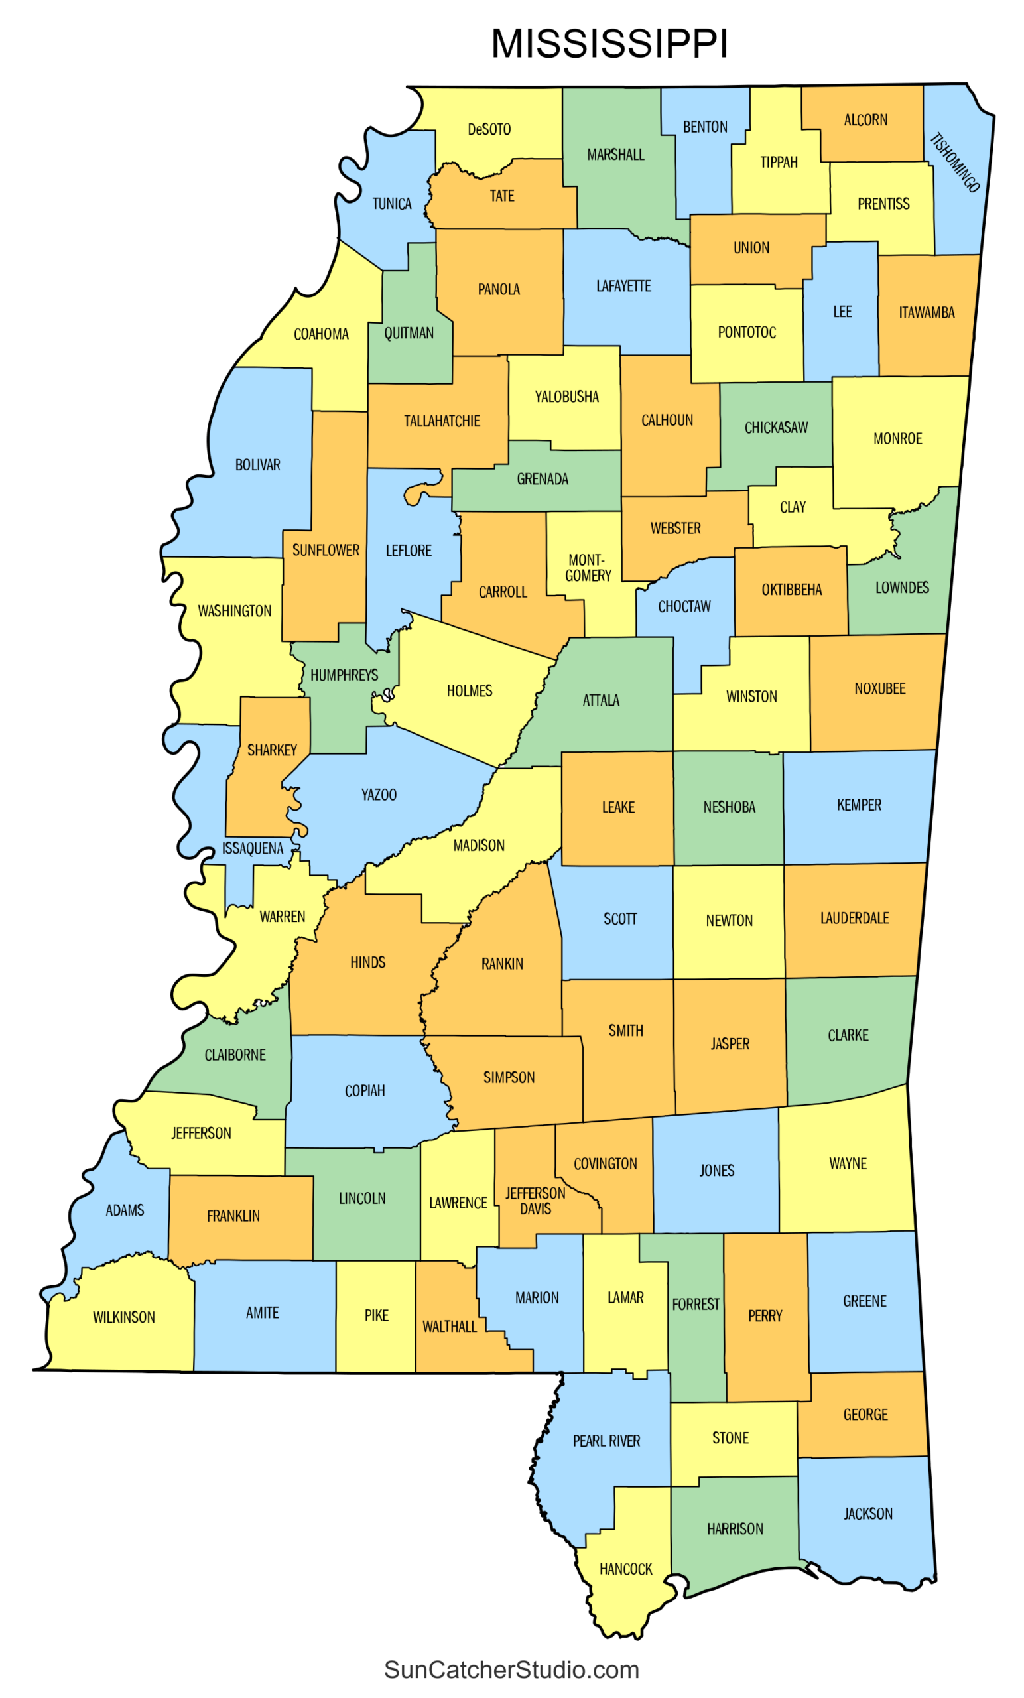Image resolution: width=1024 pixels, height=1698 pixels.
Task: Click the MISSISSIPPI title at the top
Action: pyautogui.click(x=609, y=44)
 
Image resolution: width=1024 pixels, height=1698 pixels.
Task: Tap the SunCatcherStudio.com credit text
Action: pyautogui.click(x=511, y=1669)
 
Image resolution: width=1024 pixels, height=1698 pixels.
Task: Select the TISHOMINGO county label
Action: pyautogui.click(x=954, y=163)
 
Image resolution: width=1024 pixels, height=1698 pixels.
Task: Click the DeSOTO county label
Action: pyautogui.click(x=489, y=129)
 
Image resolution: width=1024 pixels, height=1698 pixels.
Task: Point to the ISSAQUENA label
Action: pyautogui.click(x=252, y=848)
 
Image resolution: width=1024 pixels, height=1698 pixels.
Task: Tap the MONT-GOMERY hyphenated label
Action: pyautogui.click(x=588, y=568)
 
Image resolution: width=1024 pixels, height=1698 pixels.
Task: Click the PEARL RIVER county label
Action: pyautogui.click(x=606, y=1441)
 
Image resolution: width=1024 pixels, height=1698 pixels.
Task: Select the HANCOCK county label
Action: pyautogui.click(x=625, y=1569)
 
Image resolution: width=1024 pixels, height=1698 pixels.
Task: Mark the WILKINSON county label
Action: pyautogui.click(x=124, y=1317)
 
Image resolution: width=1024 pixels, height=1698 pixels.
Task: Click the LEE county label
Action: pyautogui.click(x=842, y=312)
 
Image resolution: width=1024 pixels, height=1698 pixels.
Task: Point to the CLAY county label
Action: pyautogui.click(x=793, y=507)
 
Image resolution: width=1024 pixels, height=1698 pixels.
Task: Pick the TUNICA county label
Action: pyautogui.click(x=391, y=204)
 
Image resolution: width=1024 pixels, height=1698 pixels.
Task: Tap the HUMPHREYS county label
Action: pyautogui.click(x=344, y=675)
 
